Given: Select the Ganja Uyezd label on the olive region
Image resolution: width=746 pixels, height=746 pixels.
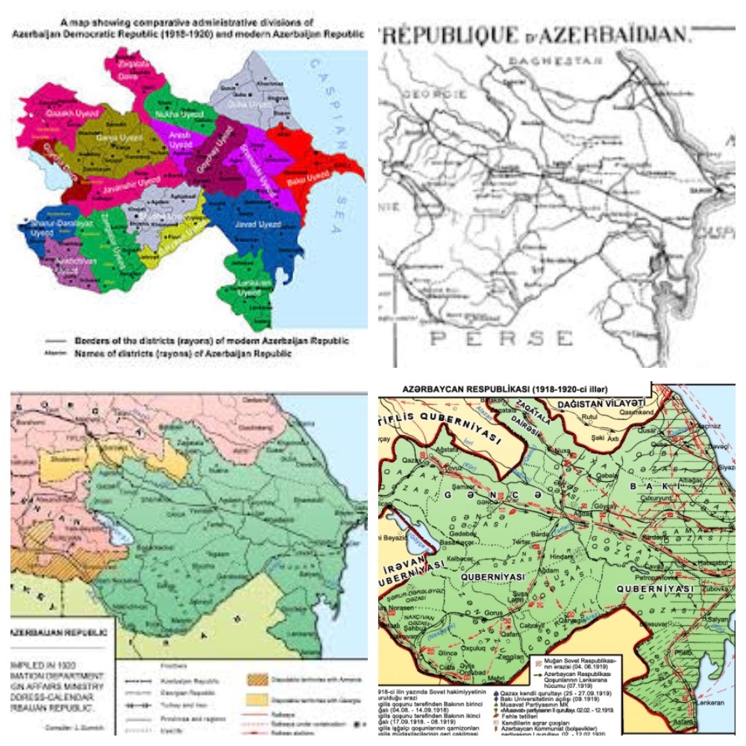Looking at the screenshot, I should (x=120, y=139).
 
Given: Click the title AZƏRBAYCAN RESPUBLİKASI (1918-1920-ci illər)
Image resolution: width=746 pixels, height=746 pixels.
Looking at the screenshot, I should (x=515, y=389).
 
